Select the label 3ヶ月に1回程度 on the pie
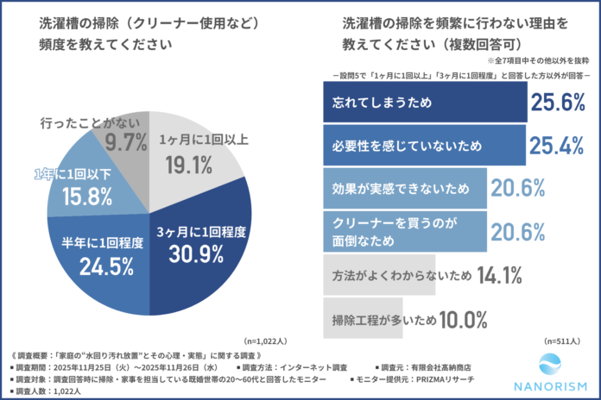pos(205,231)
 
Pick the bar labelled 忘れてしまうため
pos(424,104)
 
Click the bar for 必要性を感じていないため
pos(423,146)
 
